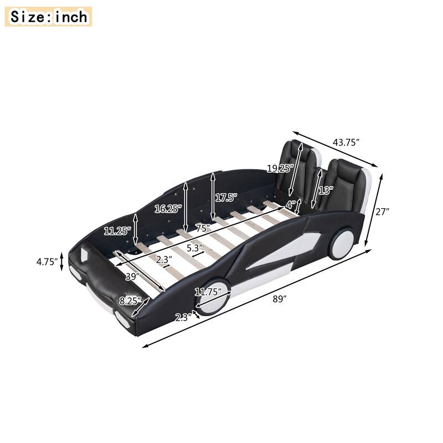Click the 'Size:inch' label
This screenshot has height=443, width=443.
49,17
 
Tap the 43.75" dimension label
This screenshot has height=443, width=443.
346,142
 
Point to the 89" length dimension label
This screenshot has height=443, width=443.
280,300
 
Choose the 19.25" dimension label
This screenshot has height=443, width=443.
279,168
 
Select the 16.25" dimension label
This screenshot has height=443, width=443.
167,209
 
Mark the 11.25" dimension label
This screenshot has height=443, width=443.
117,231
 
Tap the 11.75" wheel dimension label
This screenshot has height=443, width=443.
208,292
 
